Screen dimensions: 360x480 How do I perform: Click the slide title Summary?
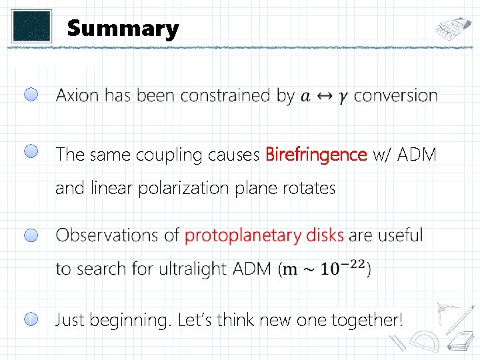point(123,29)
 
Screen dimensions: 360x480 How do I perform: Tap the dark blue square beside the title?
point(31,25)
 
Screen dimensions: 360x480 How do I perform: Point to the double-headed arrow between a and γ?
point(325,96)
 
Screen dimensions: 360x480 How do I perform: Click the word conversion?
point(395,95)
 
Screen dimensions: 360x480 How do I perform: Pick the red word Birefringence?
point(316,155)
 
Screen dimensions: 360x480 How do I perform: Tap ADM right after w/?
point(418,155)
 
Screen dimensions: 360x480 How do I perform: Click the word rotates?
point(310,189)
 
